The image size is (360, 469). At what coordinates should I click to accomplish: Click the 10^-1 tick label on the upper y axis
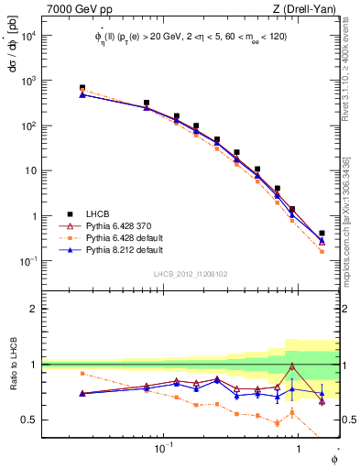(x=28, y=261)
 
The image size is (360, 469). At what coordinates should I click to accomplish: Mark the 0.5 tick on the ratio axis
(x=31, y=420)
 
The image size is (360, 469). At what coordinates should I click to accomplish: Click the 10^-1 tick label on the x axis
(x=164, y=449)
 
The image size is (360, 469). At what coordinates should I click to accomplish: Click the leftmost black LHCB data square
(x=82, y=88)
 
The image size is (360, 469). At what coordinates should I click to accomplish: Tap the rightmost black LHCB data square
(x=322, y=234)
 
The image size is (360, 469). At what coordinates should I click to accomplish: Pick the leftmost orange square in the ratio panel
(x=82, y=374)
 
